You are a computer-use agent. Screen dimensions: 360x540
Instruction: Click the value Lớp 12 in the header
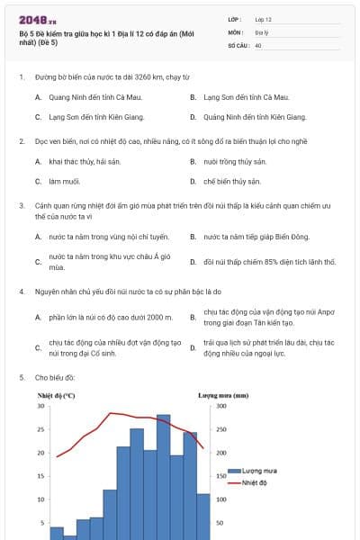click(x=263, y=18)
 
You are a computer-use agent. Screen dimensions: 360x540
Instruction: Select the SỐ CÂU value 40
click(x=258, y=44)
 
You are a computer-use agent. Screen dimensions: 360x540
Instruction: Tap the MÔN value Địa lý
click(x=261, y=31)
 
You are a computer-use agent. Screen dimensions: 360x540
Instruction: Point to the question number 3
click(x=22, y=205)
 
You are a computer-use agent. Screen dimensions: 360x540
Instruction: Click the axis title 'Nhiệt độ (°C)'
click(x=56, y=395)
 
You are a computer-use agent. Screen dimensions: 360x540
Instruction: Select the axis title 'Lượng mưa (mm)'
click(x=223, y=395)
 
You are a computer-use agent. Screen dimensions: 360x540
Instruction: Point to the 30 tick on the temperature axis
click(x=40, y=405)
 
